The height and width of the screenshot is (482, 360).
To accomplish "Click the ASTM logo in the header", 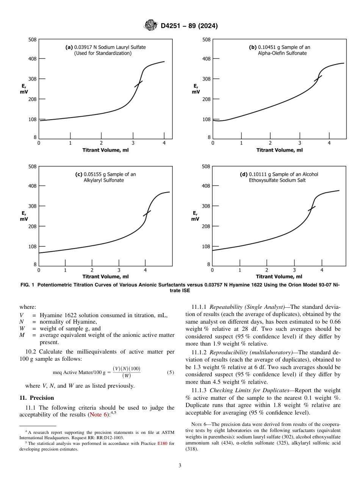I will (x=151, y=26).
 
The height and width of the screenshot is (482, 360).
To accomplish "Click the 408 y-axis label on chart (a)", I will (x=33, y=59).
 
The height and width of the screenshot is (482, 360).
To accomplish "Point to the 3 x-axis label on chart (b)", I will (x=300, y=143).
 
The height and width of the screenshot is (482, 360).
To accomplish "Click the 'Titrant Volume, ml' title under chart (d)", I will (x=279, y=277).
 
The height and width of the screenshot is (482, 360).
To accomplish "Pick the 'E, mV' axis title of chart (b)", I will (x=196, y=89).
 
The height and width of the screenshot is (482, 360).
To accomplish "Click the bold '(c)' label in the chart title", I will (x=79, y=174).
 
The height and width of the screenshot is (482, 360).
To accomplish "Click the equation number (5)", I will (x=170, y=372).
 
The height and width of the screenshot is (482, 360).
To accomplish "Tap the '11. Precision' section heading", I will (x=37, y=398).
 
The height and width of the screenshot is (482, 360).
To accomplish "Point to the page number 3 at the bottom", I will (x=180, y=466).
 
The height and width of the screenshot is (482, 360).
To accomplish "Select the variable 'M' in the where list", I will (x=22, y=335).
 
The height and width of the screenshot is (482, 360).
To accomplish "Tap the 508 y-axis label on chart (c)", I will (x=33, y=166).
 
